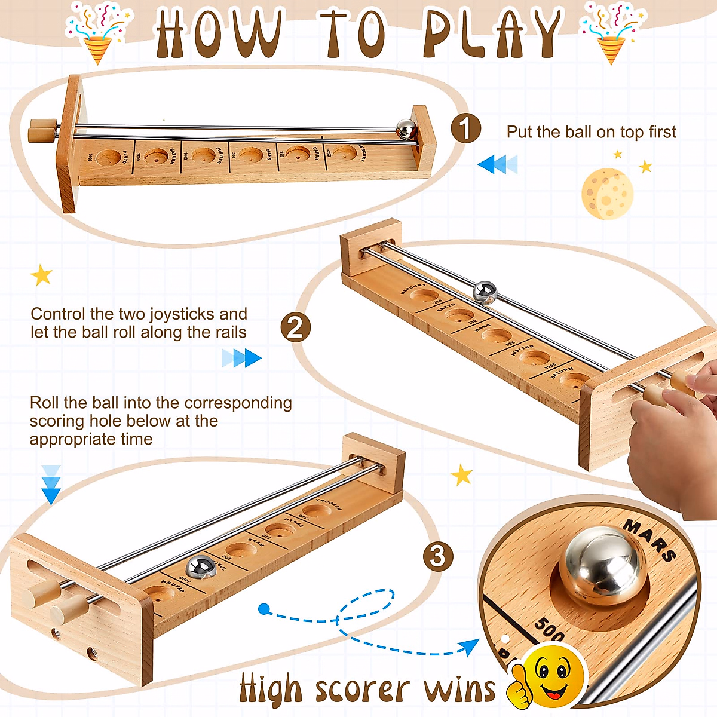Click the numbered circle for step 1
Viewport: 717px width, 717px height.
coord(466,128)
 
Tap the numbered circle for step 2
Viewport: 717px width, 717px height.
coord(296,328)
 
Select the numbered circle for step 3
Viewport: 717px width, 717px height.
coord(438,556)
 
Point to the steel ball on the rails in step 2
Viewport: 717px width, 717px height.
coord(485,292)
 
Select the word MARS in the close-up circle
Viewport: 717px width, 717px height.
coord(650,540)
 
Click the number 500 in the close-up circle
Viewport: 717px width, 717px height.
coord(549,629)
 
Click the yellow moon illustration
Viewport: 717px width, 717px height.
coord(607,194)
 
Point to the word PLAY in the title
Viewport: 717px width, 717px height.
coord(493,34)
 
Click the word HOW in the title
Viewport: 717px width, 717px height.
coord(218,34)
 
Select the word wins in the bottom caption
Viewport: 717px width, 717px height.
coord(459,689)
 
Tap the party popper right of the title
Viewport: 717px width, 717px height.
coord(612,33)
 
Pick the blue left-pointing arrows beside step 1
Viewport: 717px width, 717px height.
coord(497,164)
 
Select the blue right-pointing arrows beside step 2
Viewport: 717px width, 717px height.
coord(241,358)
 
